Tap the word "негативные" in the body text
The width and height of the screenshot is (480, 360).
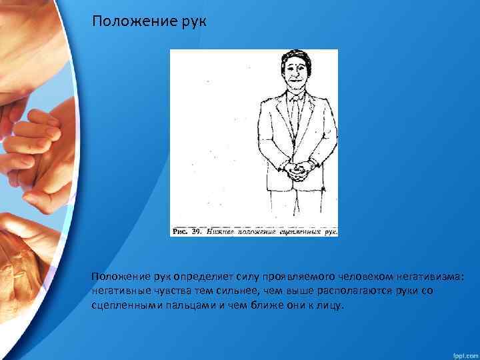pos(122,291)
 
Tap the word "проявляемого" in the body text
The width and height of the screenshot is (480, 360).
pos(269,277)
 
